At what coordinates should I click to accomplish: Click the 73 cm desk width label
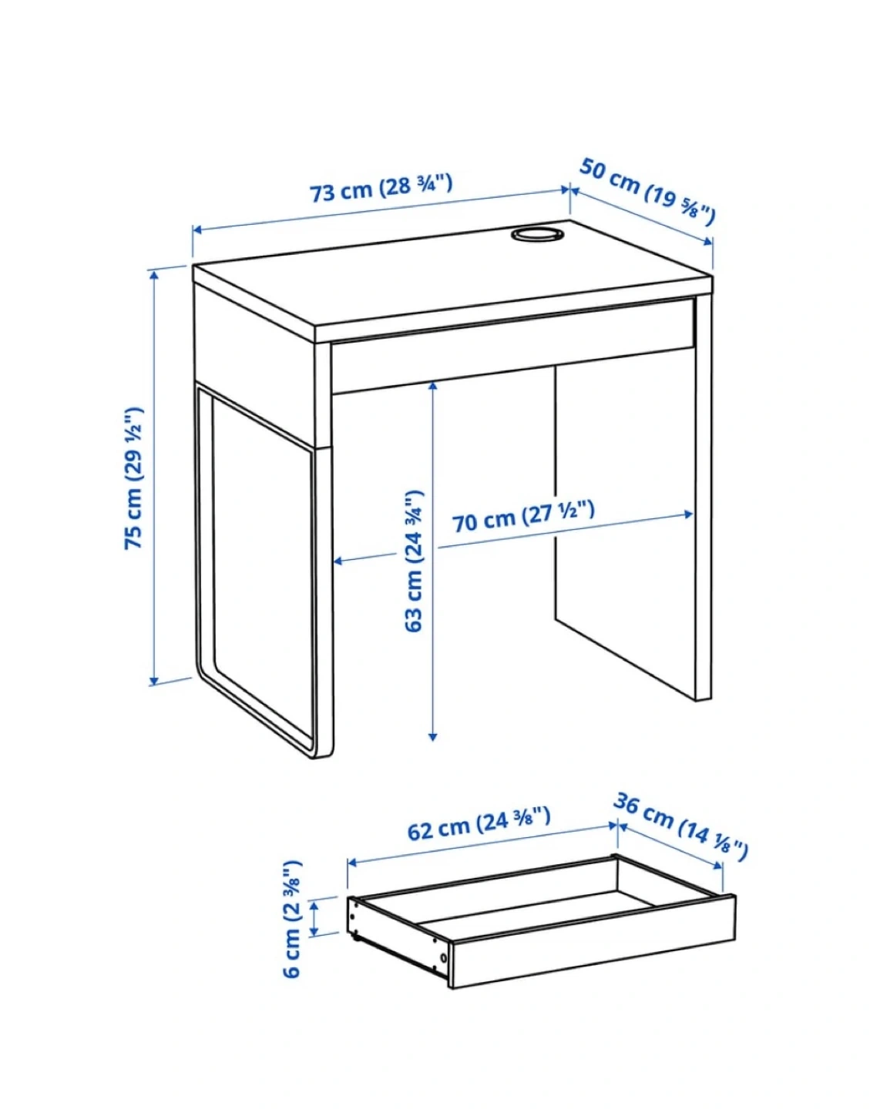(x=381, y=189)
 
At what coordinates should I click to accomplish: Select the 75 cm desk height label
(x=134, y=478)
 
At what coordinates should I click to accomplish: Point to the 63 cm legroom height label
(x=414, y=561)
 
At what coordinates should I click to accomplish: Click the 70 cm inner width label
(x=524, y=517)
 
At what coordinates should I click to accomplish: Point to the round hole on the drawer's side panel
(x=443, y=958)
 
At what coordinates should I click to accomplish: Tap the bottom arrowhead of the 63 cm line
(x=432, y=736)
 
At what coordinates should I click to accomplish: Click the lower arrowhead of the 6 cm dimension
(x=314, y=931)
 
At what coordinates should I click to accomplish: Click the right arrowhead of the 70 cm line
(x=688, y=514)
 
